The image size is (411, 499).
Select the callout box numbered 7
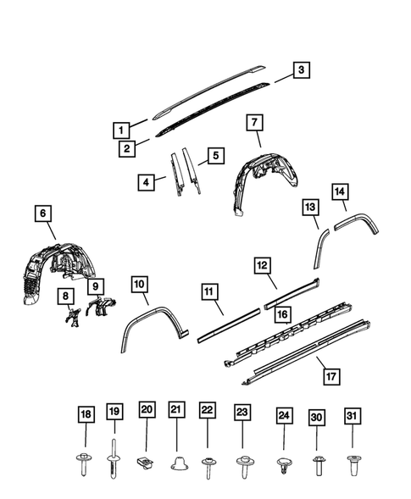253,122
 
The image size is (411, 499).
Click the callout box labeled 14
340,192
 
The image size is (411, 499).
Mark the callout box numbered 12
264,266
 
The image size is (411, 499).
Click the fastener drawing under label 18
85,463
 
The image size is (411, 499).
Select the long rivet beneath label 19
114,457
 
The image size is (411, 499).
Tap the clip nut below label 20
145,461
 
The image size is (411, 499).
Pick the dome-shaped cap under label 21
176,463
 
